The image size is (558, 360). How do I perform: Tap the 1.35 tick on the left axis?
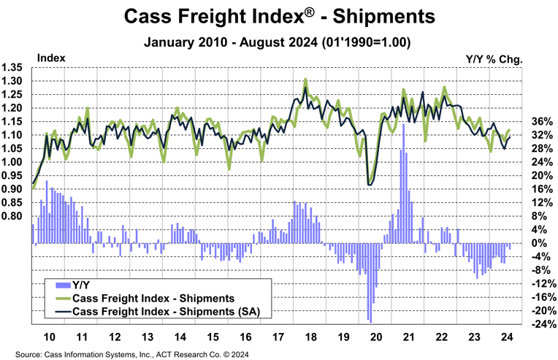click(x=14, y=67)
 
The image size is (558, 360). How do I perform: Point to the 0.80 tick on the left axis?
click(x=14, y=217)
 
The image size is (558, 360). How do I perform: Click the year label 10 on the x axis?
click(x=50, y=338)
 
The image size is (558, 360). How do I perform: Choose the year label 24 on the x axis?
click(x=507, y=338)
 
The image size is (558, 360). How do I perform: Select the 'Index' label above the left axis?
click(x=51, y=57)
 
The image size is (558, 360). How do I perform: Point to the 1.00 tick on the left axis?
click(x=14, y=162)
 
